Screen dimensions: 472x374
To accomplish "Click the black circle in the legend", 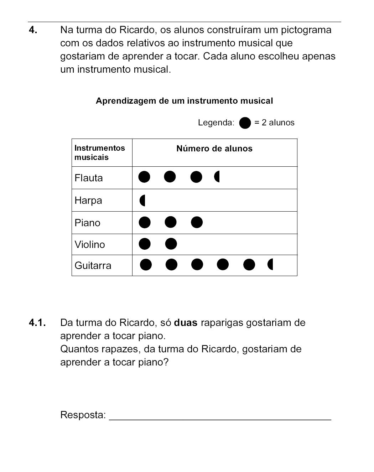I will [245, 123].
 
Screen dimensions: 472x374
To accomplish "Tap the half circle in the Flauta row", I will [217, 177].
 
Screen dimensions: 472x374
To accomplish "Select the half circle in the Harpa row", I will [142, 201].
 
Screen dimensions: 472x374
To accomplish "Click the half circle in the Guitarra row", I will [270, 265].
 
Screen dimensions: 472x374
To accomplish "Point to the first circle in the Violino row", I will [144, 244].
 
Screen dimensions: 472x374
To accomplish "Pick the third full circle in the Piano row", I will [197, 222].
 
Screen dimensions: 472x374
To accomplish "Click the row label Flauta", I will [89, 178].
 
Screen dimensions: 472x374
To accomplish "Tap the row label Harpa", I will [88, 200].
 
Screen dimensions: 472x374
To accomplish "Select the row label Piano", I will [88, 223].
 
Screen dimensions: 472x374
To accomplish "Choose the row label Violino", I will [90, 245].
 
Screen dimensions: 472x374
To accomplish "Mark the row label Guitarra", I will [93, 266].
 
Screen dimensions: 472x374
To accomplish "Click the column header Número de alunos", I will [214, 149].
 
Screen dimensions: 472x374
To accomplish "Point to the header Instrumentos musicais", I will [100, 152].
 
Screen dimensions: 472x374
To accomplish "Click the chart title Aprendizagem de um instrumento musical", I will [184, 101].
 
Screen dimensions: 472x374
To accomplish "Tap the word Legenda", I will [216, 123].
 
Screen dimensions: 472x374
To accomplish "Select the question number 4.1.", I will [37, 323].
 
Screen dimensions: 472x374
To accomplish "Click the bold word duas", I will [186, 323].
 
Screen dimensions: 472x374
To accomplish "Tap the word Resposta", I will [83, 415].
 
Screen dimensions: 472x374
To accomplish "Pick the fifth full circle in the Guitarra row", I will [249, 265].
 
